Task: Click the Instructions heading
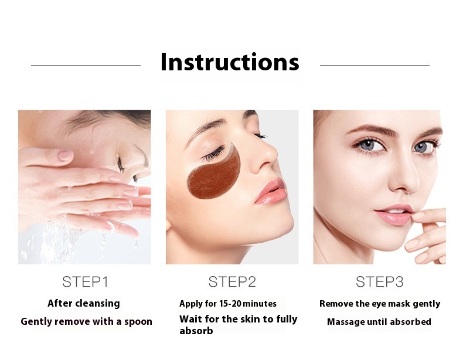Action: tap(230, 62)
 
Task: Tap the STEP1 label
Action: tap(85, 282)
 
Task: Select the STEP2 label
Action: tap(232, 282)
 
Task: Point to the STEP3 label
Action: tap(379, 282)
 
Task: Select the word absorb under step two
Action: tap(196, 331)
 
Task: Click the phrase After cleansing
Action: tap(84, 303)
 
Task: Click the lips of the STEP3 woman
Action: tap(394, 215)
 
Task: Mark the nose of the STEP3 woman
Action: tap(403, 177)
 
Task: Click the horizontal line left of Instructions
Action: tap(86, 65)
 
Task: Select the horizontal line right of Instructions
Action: tap(375, 65)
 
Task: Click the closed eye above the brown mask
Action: tap(213, 154)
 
